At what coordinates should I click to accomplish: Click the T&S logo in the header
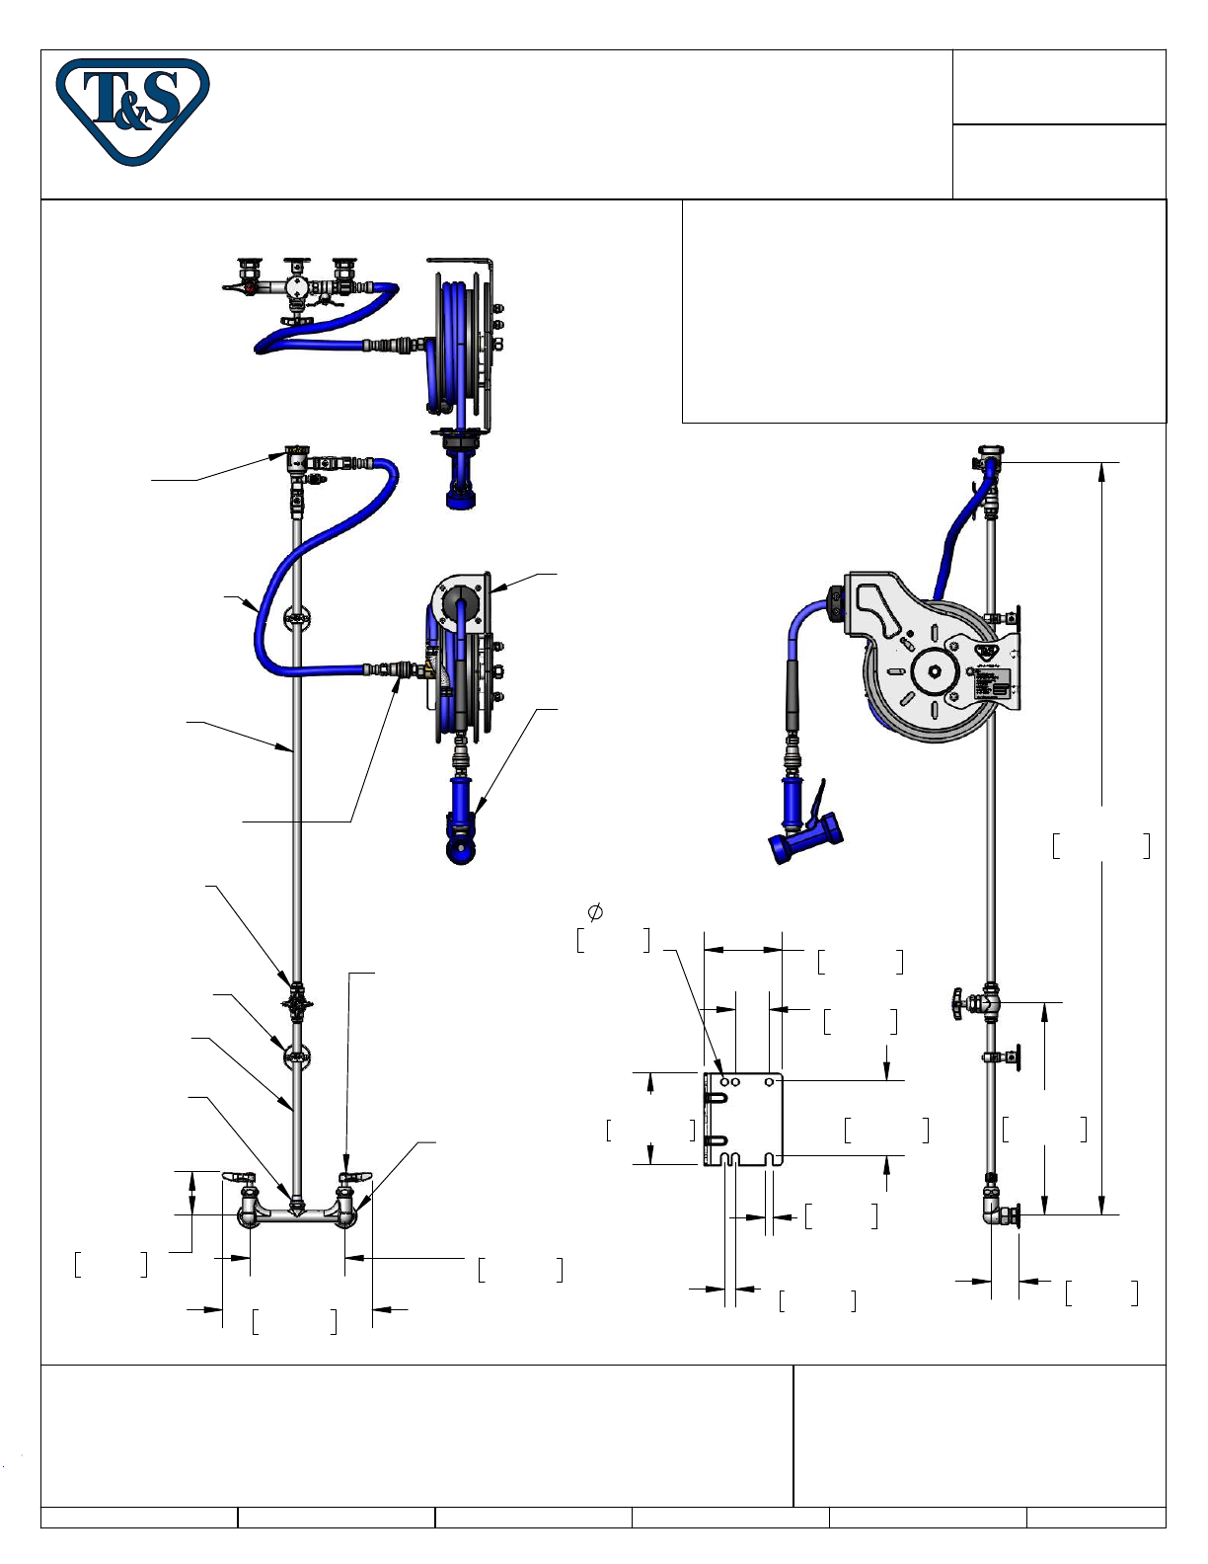tap(132, 112)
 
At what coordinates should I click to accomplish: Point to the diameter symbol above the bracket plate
tap(595, 912)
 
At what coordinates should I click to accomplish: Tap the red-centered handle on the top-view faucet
tap(250, 288)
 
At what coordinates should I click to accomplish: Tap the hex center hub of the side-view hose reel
tap(936, 670)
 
